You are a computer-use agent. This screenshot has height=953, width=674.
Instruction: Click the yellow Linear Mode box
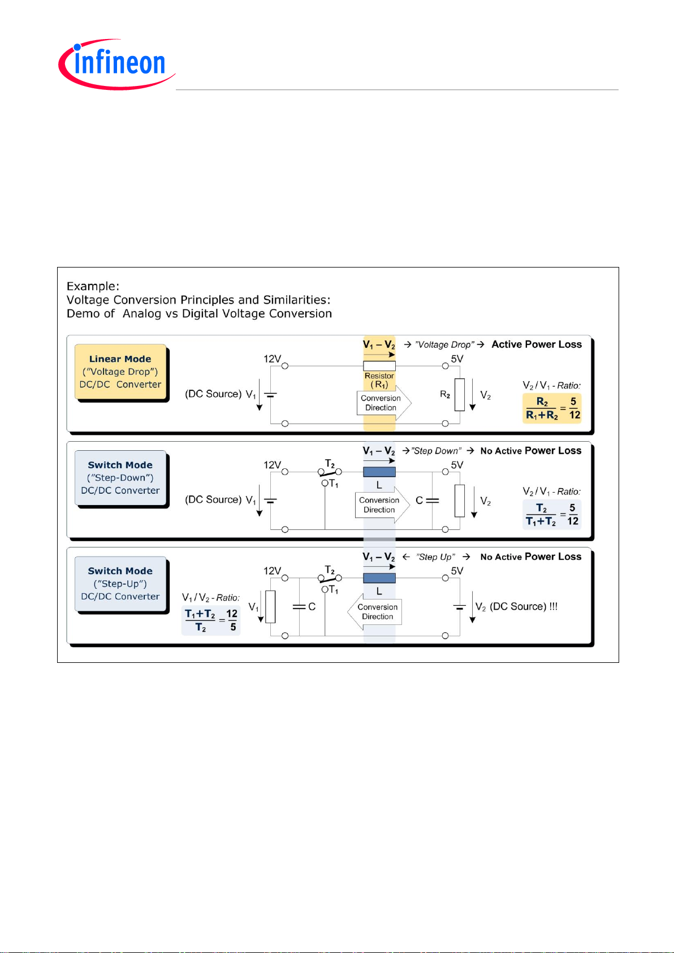[120, 372]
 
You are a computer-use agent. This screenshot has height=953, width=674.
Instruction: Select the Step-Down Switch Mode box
[120, 477]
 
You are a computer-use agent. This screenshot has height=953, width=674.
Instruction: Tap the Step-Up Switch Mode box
[120, 584]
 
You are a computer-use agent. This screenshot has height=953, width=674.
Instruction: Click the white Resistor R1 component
[379, 366]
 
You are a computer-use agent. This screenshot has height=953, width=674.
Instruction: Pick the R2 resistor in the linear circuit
[460, 395]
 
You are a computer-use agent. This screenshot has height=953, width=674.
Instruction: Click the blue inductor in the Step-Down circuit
[379, 472]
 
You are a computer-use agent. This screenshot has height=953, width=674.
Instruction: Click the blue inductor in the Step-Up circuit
[379, 578]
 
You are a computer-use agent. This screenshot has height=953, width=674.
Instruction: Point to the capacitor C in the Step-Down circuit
[433, 501]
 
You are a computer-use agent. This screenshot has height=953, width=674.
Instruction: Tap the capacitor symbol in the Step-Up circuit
[299, 607]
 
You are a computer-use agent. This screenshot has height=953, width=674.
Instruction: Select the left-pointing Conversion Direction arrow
[375, 612]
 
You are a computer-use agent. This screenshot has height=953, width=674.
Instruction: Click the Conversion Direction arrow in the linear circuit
[384, 403]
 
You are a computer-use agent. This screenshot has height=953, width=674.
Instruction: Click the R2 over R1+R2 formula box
[552, 408]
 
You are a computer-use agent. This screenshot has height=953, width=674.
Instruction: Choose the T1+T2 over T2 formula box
[211, 620]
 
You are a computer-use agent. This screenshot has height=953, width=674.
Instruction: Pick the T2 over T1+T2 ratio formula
[552, 515]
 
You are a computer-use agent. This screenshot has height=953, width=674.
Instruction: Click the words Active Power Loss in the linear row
[537, 344]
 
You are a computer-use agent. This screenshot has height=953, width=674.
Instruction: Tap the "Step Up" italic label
[436, 557]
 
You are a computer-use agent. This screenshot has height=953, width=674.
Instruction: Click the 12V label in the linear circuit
[272, 359]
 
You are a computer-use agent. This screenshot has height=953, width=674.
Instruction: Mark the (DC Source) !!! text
[524, 607]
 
